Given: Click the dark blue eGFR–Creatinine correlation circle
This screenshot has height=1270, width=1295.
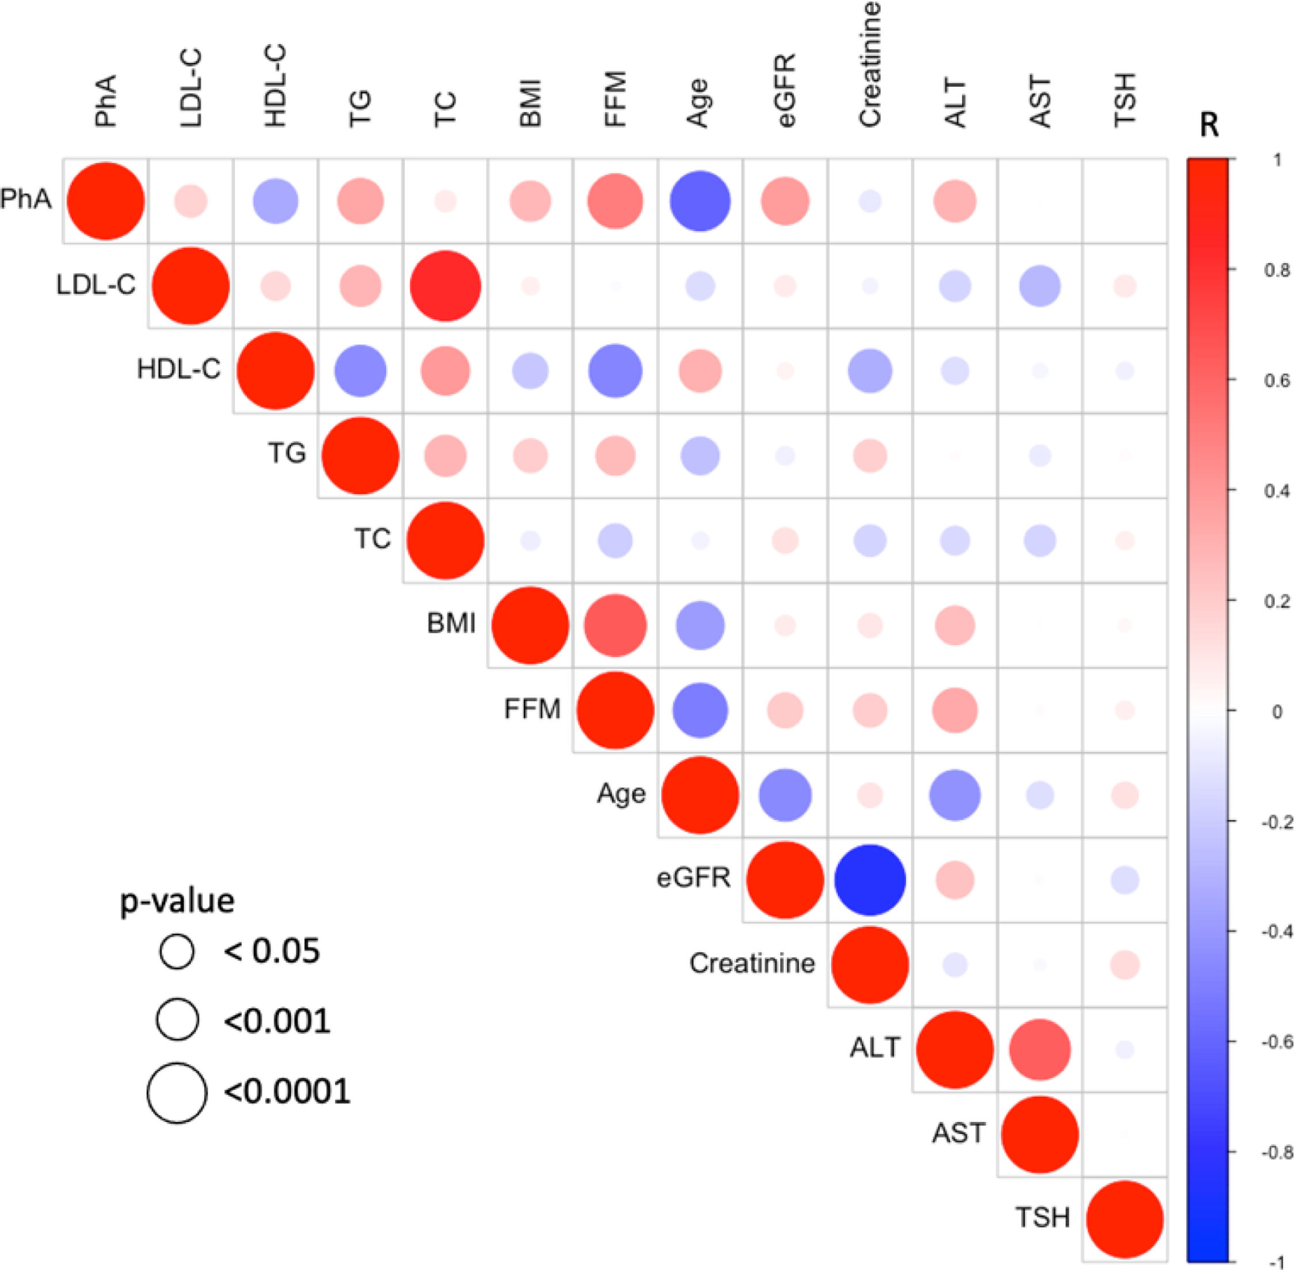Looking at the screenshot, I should point(870,880).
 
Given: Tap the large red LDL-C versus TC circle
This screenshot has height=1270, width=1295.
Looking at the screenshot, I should point(445,286).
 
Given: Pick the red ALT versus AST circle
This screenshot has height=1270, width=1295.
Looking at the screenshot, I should point(1040,1050).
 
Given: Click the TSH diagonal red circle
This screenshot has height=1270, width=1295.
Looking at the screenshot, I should point(1125,1219).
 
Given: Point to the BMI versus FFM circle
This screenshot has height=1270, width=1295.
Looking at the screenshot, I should point(615,626).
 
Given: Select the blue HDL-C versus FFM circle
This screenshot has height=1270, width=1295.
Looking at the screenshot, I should point(615,371).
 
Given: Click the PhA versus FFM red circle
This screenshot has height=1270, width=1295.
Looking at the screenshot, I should point(615,201).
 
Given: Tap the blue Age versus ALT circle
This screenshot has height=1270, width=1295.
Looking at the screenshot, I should point(955,795).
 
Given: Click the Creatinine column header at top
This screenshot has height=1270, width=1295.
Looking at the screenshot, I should point(870,63).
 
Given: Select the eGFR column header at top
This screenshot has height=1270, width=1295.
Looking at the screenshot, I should point(786,90).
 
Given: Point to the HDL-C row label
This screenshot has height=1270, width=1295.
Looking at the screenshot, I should point(178,369).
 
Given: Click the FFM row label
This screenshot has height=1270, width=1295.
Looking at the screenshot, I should point(532,709).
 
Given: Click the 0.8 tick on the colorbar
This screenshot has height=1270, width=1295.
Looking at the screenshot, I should point(1277,271).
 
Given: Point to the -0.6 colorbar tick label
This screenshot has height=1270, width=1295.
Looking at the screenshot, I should point(1275,1042).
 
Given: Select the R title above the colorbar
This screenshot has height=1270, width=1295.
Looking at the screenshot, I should point(1208,125).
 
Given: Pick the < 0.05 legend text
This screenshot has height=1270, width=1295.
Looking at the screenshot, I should point(272,951).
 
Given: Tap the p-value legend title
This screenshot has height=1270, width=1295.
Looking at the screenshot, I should point(178,901).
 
